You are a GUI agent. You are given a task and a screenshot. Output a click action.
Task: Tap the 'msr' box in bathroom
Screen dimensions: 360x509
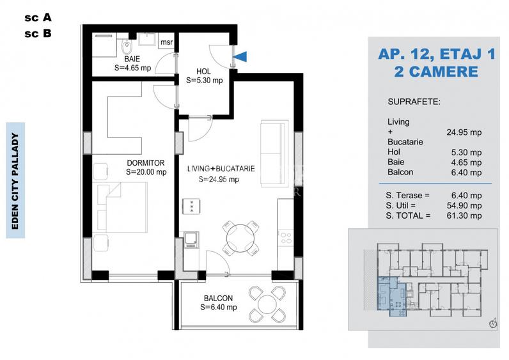166,42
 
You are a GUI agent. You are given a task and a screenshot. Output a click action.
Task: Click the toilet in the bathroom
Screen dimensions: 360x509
127,46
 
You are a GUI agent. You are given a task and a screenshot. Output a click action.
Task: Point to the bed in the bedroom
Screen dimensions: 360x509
121,208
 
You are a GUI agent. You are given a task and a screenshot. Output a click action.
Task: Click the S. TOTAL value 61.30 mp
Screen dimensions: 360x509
466,216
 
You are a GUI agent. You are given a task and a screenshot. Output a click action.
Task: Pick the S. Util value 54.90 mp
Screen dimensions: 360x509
466,206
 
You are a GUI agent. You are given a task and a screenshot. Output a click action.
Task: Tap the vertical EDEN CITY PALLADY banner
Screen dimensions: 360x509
15,180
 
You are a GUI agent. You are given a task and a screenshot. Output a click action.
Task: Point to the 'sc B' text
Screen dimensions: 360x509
38,34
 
